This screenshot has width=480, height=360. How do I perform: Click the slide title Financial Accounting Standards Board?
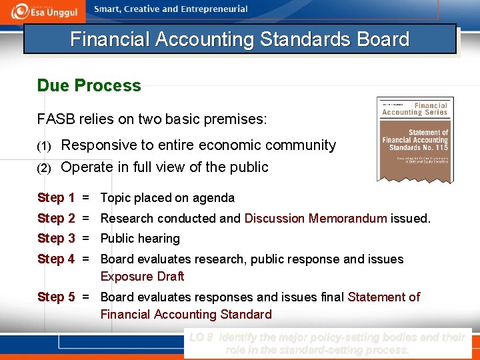(239, 39)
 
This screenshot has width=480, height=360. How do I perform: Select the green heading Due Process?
(89, 86)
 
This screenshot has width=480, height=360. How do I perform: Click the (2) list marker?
(43, 168)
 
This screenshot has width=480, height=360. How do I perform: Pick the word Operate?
(89, 167)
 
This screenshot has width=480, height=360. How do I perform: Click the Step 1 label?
(56, 198)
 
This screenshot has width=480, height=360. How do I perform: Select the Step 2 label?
(56, 218)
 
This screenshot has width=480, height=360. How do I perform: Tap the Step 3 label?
(56, 239)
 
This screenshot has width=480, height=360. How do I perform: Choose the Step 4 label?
(56, 259)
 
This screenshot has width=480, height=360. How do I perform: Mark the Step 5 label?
(56, 297)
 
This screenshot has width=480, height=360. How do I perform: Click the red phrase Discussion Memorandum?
(315, 219)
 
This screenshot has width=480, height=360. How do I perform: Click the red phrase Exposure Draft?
(142, 277)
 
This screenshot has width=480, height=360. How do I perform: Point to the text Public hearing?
(140, 239)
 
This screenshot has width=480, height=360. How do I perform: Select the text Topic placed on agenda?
(167, 198)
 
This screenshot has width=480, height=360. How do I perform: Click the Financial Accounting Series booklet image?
(415, 139)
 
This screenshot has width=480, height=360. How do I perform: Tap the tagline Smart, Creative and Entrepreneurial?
(171, 9)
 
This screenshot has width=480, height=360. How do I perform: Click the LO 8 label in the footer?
(201, 338)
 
